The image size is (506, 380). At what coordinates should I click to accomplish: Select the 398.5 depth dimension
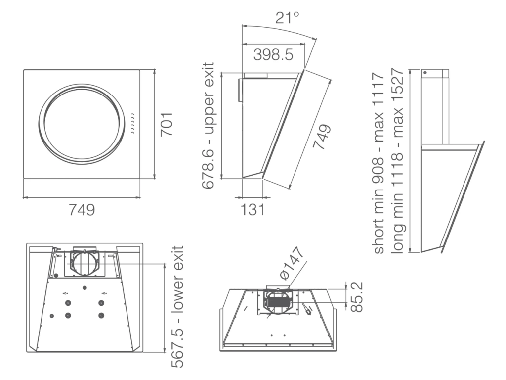(273, 54)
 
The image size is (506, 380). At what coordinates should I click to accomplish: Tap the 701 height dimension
(167, 124)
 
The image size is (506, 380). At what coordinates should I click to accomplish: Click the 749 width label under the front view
(82, 210)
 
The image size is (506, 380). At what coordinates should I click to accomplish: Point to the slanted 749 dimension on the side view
(322, 137)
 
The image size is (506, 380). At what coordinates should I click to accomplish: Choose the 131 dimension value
(253, 209)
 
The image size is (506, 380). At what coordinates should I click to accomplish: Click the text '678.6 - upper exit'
(208, 126)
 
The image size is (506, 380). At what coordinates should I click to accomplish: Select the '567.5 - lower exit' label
(177, 306)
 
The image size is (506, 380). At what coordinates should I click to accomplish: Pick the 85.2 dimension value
(357, 297)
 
